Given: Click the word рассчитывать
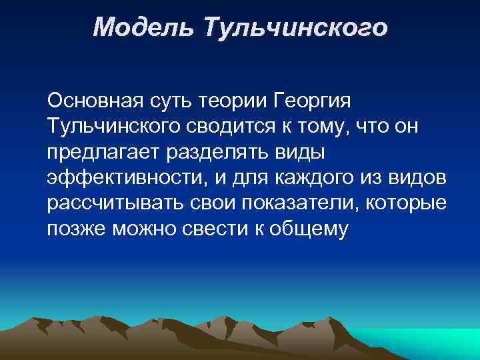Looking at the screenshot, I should [109, 203].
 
